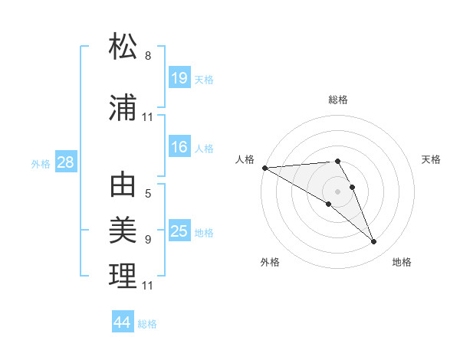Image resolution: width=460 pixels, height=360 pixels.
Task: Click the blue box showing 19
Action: (x=179, y=77)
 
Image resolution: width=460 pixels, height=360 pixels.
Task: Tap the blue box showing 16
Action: (x=179, y=147)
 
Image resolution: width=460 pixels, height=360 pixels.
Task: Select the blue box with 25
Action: (x=179, y=231)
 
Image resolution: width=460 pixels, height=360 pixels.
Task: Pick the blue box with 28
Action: (x=65, y=162)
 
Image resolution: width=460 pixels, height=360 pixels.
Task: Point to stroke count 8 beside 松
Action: (x=148, y=56)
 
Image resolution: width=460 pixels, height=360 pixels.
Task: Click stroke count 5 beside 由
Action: (x=148, y=194)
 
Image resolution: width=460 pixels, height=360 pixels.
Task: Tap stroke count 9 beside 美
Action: (x=148, y=239)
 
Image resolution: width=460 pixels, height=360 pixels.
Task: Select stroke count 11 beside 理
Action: (x=148, y=285)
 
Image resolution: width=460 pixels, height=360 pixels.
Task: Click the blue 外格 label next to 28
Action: (x=41, y=163)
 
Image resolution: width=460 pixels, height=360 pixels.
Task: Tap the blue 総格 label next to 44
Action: (x=148, y=324)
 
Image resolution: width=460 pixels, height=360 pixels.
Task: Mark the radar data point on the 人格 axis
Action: (x=264, y=168)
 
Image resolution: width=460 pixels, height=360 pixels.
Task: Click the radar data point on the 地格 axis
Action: (x=374, y=242)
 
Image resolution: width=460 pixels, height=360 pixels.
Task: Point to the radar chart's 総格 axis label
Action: (x=338, y=100)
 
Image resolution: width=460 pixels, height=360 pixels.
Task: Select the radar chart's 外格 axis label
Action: (x=270, y=262)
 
